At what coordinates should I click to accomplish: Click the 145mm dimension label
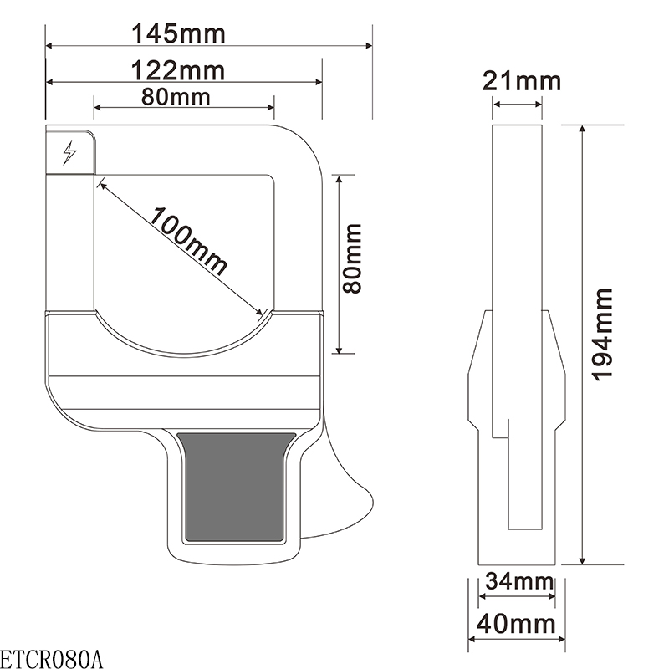click(178, 33)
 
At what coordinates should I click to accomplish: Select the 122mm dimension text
click(178, 71)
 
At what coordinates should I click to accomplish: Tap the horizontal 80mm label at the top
click(176, 97)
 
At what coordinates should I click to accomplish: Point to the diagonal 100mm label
click(187, 241)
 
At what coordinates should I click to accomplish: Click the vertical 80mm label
click(352, 258)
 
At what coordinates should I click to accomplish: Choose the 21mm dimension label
click(521, 81)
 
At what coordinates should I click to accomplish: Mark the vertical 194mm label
click(602, 334)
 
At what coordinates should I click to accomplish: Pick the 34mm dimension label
click(519, 580)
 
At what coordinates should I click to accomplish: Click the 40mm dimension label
click(516, 624)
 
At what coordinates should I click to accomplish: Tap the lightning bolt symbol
click(69, 152)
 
